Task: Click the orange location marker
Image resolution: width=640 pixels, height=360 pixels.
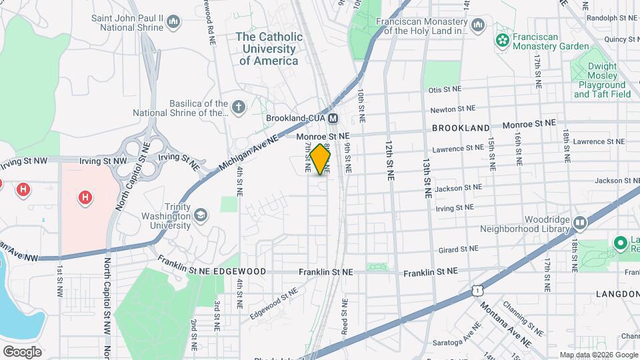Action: (321, 159)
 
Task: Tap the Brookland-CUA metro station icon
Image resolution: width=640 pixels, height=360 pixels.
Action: (333, 118)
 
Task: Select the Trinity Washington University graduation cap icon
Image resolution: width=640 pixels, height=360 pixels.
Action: (200, 215)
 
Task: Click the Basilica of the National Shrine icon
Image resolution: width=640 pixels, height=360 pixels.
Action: (238, 106)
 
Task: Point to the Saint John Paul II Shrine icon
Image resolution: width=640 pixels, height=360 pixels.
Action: (174, 23)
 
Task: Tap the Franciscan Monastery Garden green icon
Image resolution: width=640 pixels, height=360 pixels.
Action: (502, 41)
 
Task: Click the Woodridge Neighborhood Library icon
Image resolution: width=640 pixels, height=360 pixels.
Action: (579, 223)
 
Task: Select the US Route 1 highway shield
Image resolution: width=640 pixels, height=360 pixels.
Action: (476, 290)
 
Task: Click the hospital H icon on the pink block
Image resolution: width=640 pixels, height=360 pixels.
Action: (85, 197)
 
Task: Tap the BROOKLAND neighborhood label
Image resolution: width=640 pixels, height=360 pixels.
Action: (461, 127)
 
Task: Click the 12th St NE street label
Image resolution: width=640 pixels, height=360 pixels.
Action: (389, 161)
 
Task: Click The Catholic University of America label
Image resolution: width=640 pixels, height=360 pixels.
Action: (269, 49)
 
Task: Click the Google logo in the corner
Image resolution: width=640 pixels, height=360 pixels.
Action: (22, 352)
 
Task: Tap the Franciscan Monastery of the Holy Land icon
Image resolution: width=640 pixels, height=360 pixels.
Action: (477, 25)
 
